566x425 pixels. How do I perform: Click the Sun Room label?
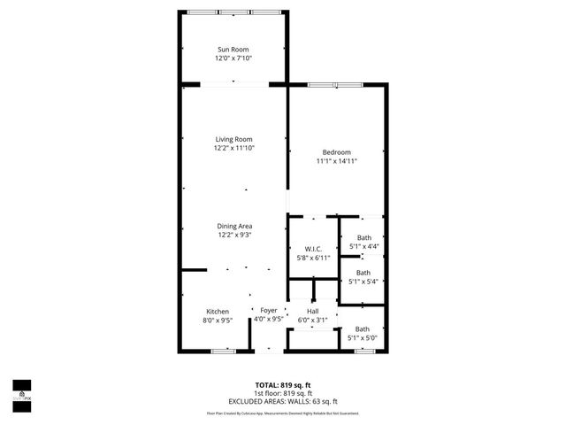point(233,49)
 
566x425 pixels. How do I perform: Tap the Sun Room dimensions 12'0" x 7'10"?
point(233,58)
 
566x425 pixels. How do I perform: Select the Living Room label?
point(233,139)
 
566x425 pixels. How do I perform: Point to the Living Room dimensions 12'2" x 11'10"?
point(233,149)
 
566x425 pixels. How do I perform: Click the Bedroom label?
point(336,152)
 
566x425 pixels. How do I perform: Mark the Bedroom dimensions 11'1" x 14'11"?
point(336,162)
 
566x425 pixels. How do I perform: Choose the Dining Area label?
point(233,226)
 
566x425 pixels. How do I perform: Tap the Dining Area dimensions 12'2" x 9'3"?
point(233,236)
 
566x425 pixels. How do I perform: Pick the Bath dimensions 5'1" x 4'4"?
point(363,246)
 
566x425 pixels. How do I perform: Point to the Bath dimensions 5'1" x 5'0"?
point(363,338)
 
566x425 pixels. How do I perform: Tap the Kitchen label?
point(218,312)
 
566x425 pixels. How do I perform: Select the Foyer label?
point(269,311)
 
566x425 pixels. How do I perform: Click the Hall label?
point(312,312)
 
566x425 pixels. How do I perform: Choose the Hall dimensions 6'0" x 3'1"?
point(312,321)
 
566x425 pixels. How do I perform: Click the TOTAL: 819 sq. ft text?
point(283,385)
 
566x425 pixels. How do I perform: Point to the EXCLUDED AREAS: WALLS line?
point(283,402)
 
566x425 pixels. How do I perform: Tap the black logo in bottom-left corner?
point(21,390)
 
